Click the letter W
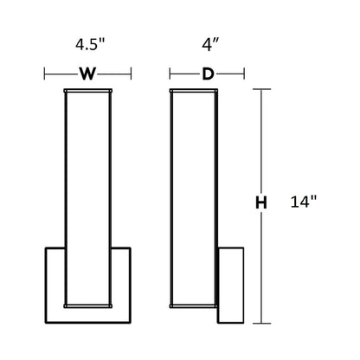pos(87,74)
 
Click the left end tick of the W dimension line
pos(45,74)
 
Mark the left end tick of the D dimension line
pos(170,74)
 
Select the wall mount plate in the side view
pos(234,281)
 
